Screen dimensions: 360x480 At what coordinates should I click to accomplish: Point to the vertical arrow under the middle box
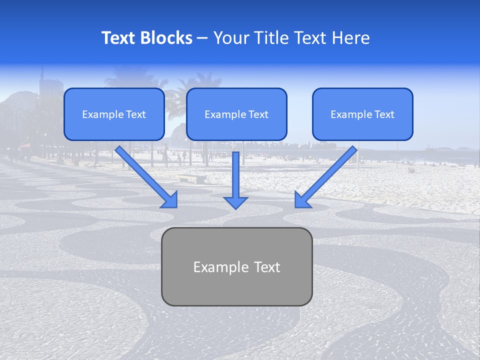point(235,175)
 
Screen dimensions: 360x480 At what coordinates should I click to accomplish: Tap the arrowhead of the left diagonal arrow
point(170,199)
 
